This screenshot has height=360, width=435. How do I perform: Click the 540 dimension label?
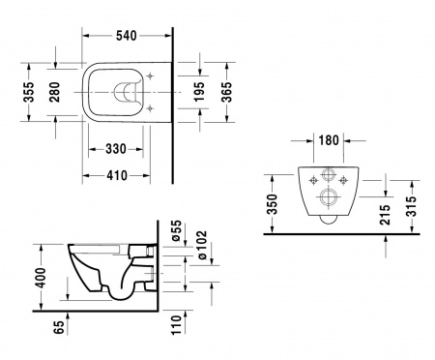(x=127, y=36)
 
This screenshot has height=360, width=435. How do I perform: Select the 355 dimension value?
(x=29, y=92)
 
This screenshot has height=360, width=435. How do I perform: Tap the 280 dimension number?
(x=55, y=92)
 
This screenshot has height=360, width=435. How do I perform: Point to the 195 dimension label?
(x=199, y=92)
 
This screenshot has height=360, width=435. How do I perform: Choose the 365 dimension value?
(x=226, y=92)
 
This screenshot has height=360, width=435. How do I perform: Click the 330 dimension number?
(x=116, y=149)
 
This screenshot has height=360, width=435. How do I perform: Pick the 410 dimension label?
(x=117, y=176)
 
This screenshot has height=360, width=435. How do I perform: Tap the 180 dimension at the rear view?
(x=329, y=140)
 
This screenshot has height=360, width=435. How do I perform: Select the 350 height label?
(x=273, y=204)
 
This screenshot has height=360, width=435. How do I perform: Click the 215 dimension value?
(x=385, y=215)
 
